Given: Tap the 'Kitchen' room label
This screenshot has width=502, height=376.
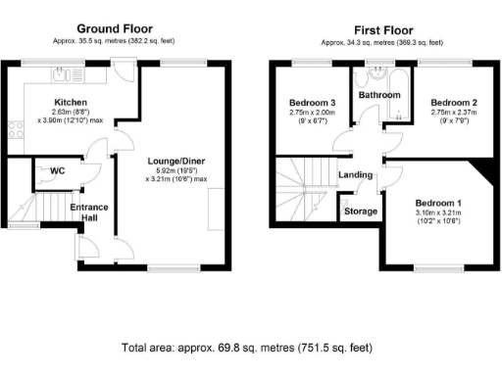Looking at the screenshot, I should (x=71, y=102).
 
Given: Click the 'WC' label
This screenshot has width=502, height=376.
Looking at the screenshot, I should (x=57, y=170).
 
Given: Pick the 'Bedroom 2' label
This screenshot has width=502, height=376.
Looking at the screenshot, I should (x=454, y=102).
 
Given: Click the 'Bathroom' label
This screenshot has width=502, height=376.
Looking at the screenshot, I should (x=378, y=95).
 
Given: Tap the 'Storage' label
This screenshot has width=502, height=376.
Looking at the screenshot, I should (x=359, y=210).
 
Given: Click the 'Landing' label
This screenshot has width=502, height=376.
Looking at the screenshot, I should (x=355, y=175).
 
